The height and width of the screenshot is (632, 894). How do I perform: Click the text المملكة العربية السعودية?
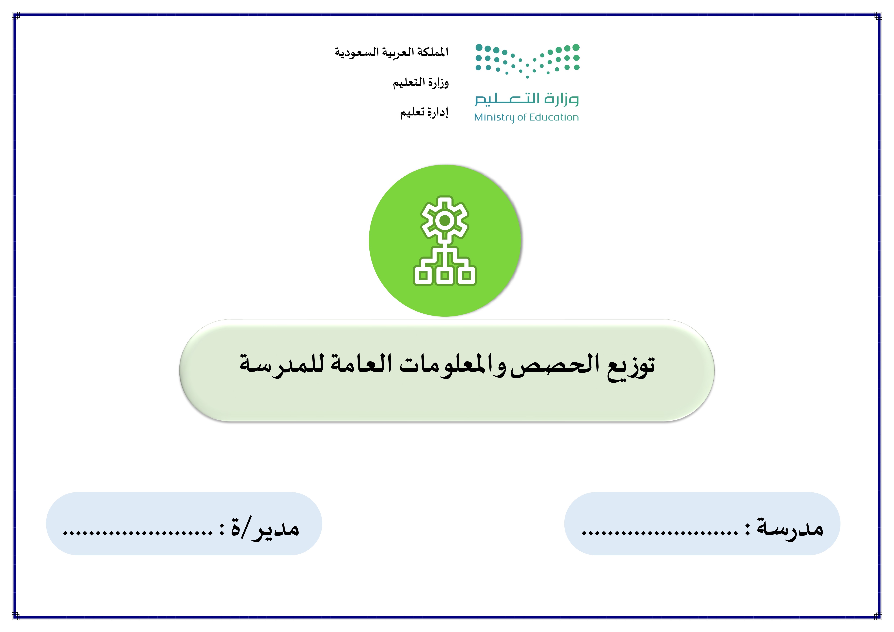[x=392, y=52]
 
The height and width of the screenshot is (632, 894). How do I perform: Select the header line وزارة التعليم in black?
[x=421, y=82]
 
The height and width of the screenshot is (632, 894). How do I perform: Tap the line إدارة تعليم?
[x=424, y=112]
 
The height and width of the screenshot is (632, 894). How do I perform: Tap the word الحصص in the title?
[x=555, y=366]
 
